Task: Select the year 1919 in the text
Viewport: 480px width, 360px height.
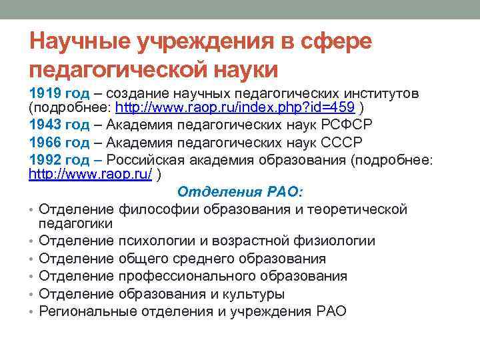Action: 43,91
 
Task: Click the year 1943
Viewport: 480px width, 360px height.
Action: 43,124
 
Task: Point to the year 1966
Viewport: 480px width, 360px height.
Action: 43,141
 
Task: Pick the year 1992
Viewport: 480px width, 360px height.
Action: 43,159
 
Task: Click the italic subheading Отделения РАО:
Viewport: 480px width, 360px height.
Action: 240,192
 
